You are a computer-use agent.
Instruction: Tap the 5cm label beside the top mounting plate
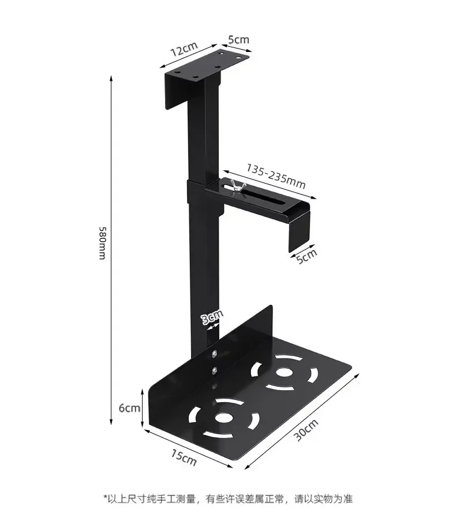coord(238,40)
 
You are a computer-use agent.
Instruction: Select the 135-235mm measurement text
coord(276,176)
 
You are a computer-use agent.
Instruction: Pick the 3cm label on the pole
coord(211,317)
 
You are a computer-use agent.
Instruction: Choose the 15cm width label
coord(184,458)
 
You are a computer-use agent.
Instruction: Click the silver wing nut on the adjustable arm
coord(236,187)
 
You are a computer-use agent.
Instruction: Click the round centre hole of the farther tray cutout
coord(283,372)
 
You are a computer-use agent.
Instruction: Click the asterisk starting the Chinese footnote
coord(106,498)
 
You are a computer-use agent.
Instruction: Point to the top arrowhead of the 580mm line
coord(111,78)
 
